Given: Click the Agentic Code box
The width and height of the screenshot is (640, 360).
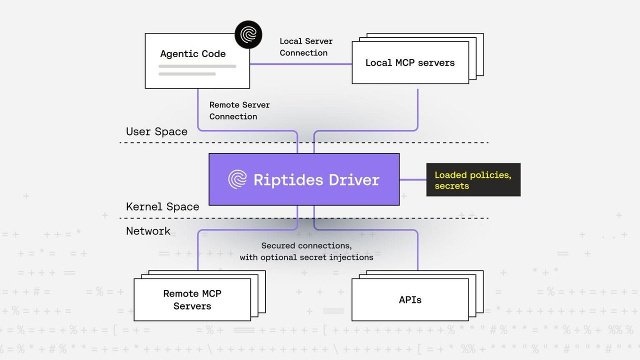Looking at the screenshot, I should [197, 61].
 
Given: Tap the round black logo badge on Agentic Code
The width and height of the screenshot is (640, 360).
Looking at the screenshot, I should [248, 34].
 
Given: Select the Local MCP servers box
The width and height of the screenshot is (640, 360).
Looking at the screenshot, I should [410, 63].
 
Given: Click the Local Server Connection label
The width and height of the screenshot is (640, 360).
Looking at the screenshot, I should [305, 47].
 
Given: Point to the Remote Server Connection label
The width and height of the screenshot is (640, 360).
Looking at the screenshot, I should [239, 110].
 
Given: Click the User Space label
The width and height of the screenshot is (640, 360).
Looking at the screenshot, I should [156, 131].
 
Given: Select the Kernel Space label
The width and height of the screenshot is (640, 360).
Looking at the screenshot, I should [162, 206].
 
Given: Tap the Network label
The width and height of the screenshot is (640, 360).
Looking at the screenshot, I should [148, 231].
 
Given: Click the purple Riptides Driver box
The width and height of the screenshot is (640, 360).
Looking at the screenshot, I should [303, 179].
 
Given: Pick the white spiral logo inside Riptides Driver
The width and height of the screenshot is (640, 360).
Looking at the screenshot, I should [237, 179].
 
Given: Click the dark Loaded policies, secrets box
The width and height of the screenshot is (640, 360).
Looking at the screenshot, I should [473, 179].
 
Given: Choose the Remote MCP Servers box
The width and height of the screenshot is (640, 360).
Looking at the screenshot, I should [192, 299].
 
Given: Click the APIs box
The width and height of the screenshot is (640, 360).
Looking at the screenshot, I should [410, 300].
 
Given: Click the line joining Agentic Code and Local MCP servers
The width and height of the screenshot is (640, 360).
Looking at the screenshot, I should [300, 64].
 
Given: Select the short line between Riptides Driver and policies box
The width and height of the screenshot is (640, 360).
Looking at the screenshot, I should [412, 179].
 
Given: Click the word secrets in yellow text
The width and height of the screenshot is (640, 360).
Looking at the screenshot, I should [451, 186].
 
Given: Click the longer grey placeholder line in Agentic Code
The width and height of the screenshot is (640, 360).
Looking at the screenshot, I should [197, 66].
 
